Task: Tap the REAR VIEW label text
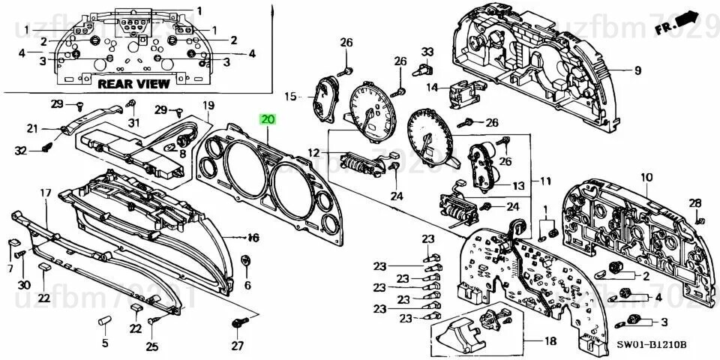(133, 85)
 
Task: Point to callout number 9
(637, 71)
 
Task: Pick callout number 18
(550, 341)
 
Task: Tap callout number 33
(427, 52)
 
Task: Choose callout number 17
(45, 193)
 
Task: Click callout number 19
(208, 105)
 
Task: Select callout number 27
(238, 346)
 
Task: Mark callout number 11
(545, 181)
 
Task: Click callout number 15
(290, 96)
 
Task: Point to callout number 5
(105, 343)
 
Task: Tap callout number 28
(695, 203)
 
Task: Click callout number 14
(432, 88)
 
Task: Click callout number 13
(517, 185)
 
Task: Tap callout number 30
(23, 285)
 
